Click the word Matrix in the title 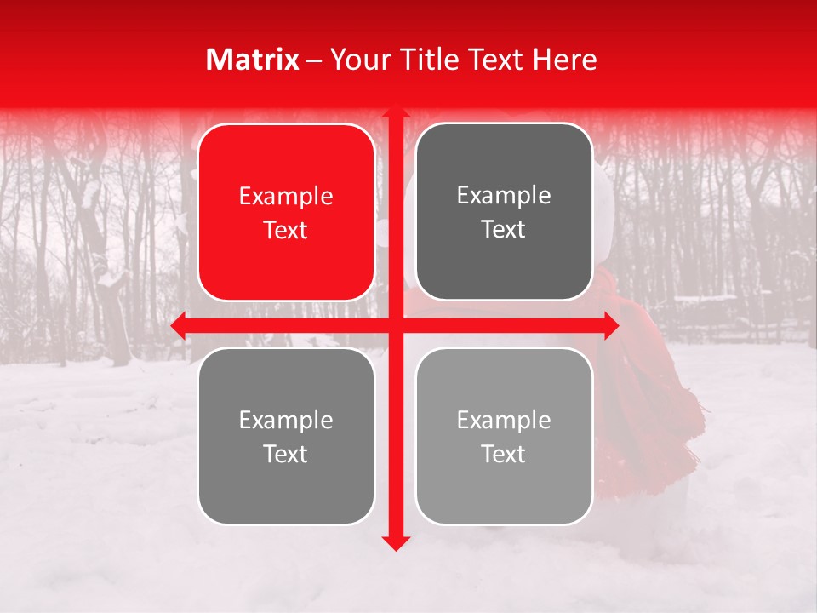tap(253, 60)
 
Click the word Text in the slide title tap(497, 60)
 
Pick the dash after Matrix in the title tap(314, 60)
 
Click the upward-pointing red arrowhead tap(394, 112)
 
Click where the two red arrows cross tap(394, 325)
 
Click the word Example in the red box tap(286, 196)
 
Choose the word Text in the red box tap(286, 230)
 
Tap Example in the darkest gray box tap(504, 195)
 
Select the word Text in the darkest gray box tap(504, 229)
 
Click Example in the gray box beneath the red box tap(286, 420)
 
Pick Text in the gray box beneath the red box tap(286, 454)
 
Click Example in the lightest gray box tap(504, 420)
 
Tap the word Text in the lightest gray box tap(504, 454)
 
